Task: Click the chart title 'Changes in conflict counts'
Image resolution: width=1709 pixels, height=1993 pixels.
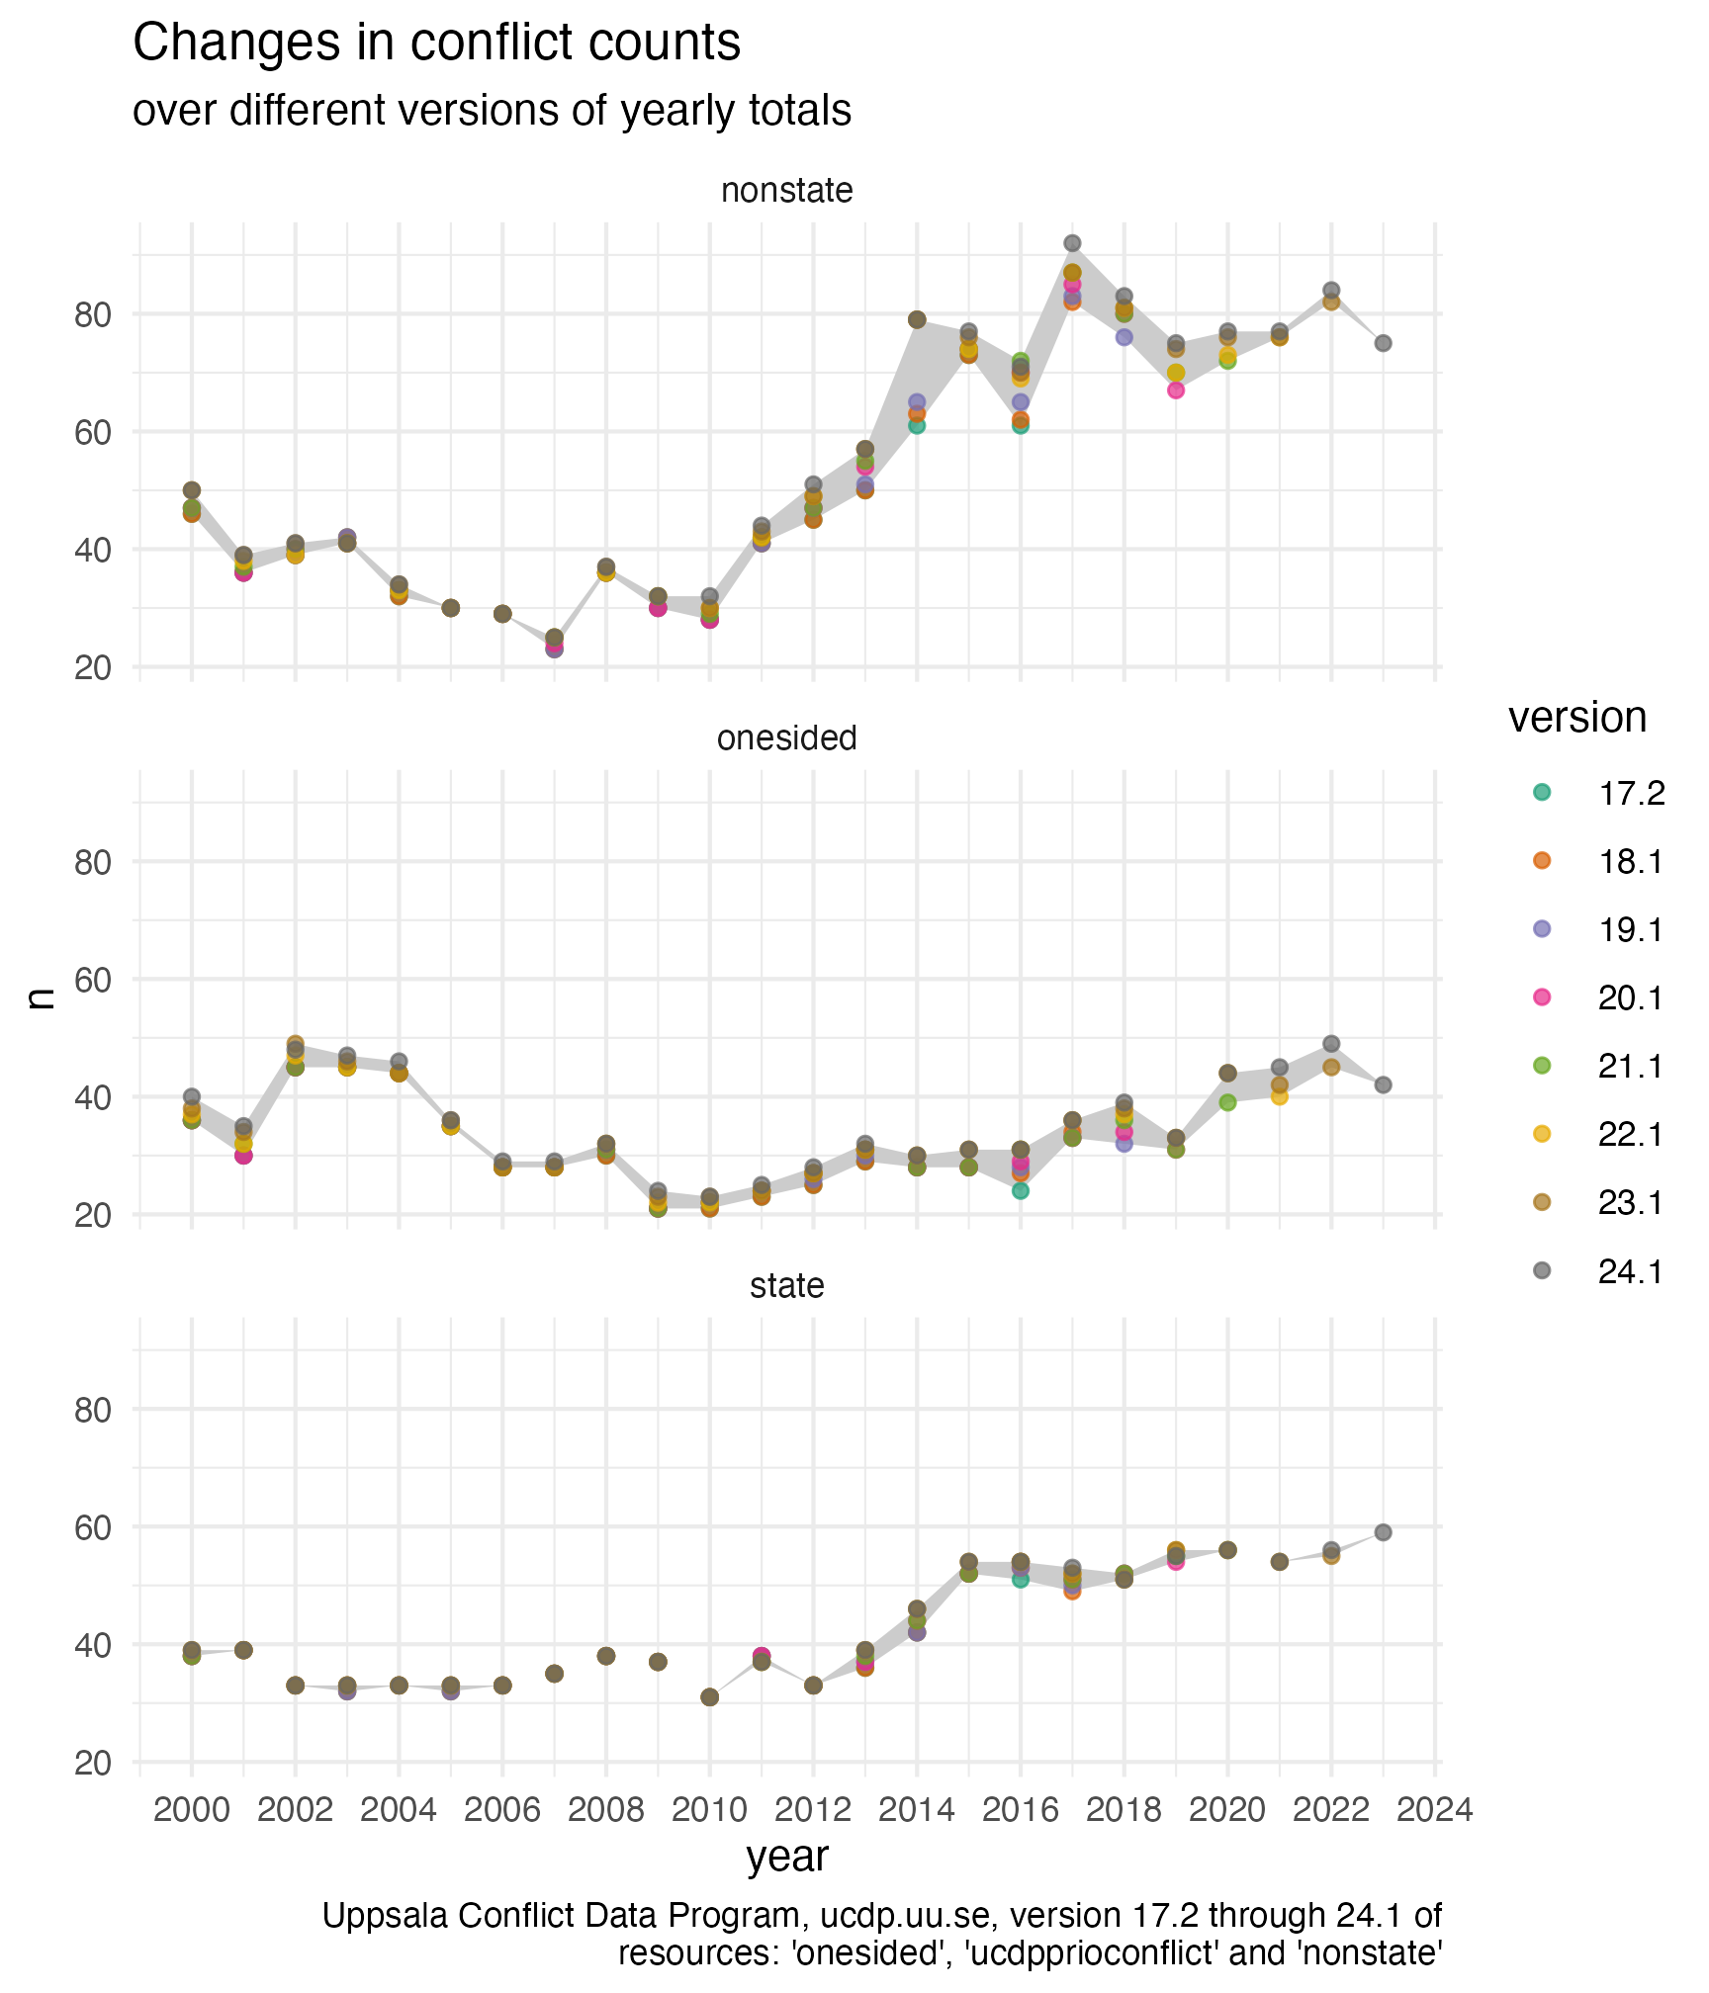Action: point(436,43)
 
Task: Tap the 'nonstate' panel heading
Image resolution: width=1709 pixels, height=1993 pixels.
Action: point(787,190)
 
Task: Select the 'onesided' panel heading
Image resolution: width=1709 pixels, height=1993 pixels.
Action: point(787,737)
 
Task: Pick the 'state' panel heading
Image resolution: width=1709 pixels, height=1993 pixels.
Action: point(787,1285)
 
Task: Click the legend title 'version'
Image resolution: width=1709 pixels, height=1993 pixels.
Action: point(1577,717)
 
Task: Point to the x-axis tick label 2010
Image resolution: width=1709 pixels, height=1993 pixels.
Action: point(709,1810)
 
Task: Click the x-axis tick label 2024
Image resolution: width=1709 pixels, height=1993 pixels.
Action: point(1434,1810)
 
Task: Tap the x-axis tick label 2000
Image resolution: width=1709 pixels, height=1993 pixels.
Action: point(192,1810)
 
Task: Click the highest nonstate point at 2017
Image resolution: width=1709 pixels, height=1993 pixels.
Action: point(1072,243)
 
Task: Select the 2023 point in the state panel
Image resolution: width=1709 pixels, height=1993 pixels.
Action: point(1383,1532)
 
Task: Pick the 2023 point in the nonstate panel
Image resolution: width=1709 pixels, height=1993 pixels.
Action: point(1383,343)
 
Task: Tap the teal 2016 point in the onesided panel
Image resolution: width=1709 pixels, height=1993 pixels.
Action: point(1021,1191)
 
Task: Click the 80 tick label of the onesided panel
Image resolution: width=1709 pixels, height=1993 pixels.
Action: point(93,862)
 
